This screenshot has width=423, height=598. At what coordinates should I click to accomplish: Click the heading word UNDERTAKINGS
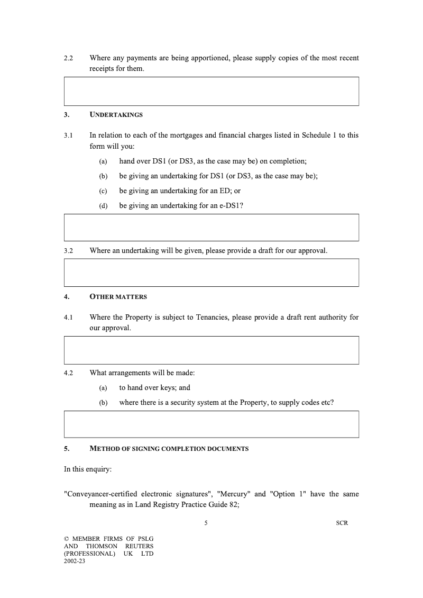(x=116, y=115)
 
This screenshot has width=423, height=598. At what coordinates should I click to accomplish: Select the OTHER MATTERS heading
(x=118, y=297)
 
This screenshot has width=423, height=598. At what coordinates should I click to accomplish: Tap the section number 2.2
(x=68, y=58)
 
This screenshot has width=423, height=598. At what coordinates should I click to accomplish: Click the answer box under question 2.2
(x=212, y=91)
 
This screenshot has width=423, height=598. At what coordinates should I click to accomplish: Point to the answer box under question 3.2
(x=212, y=273)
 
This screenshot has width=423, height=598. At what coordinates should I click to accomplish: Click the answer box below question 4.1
(x=212, y=350)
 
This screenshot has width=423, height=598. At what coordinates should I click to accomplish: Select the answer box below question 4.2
(x=212, y=424)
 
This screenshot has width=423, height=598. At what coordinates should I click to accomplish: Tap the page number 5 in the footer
(x=206, y=523)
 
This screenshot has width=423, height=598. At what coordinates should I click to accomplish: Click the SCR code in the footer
(x=342, y=523)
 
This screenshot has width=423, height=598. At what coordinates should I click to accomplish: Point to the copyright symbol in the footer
(x=67, y=539)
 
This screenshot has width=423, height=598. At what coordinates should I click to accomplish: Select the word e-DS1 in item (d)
(x=231, y=206)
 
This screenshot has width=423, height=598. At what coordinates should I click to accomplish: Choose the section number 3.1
(x=68, y=135)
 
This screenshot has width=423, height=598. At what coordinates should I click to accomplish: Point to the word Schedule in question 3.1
(x=316, y=135)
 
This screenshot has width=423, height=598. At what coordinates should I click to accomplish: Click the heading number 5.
(x=67, y=449)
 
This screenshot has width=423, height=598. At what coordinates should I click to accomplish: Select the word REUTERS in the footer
(x=139, y=546)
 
